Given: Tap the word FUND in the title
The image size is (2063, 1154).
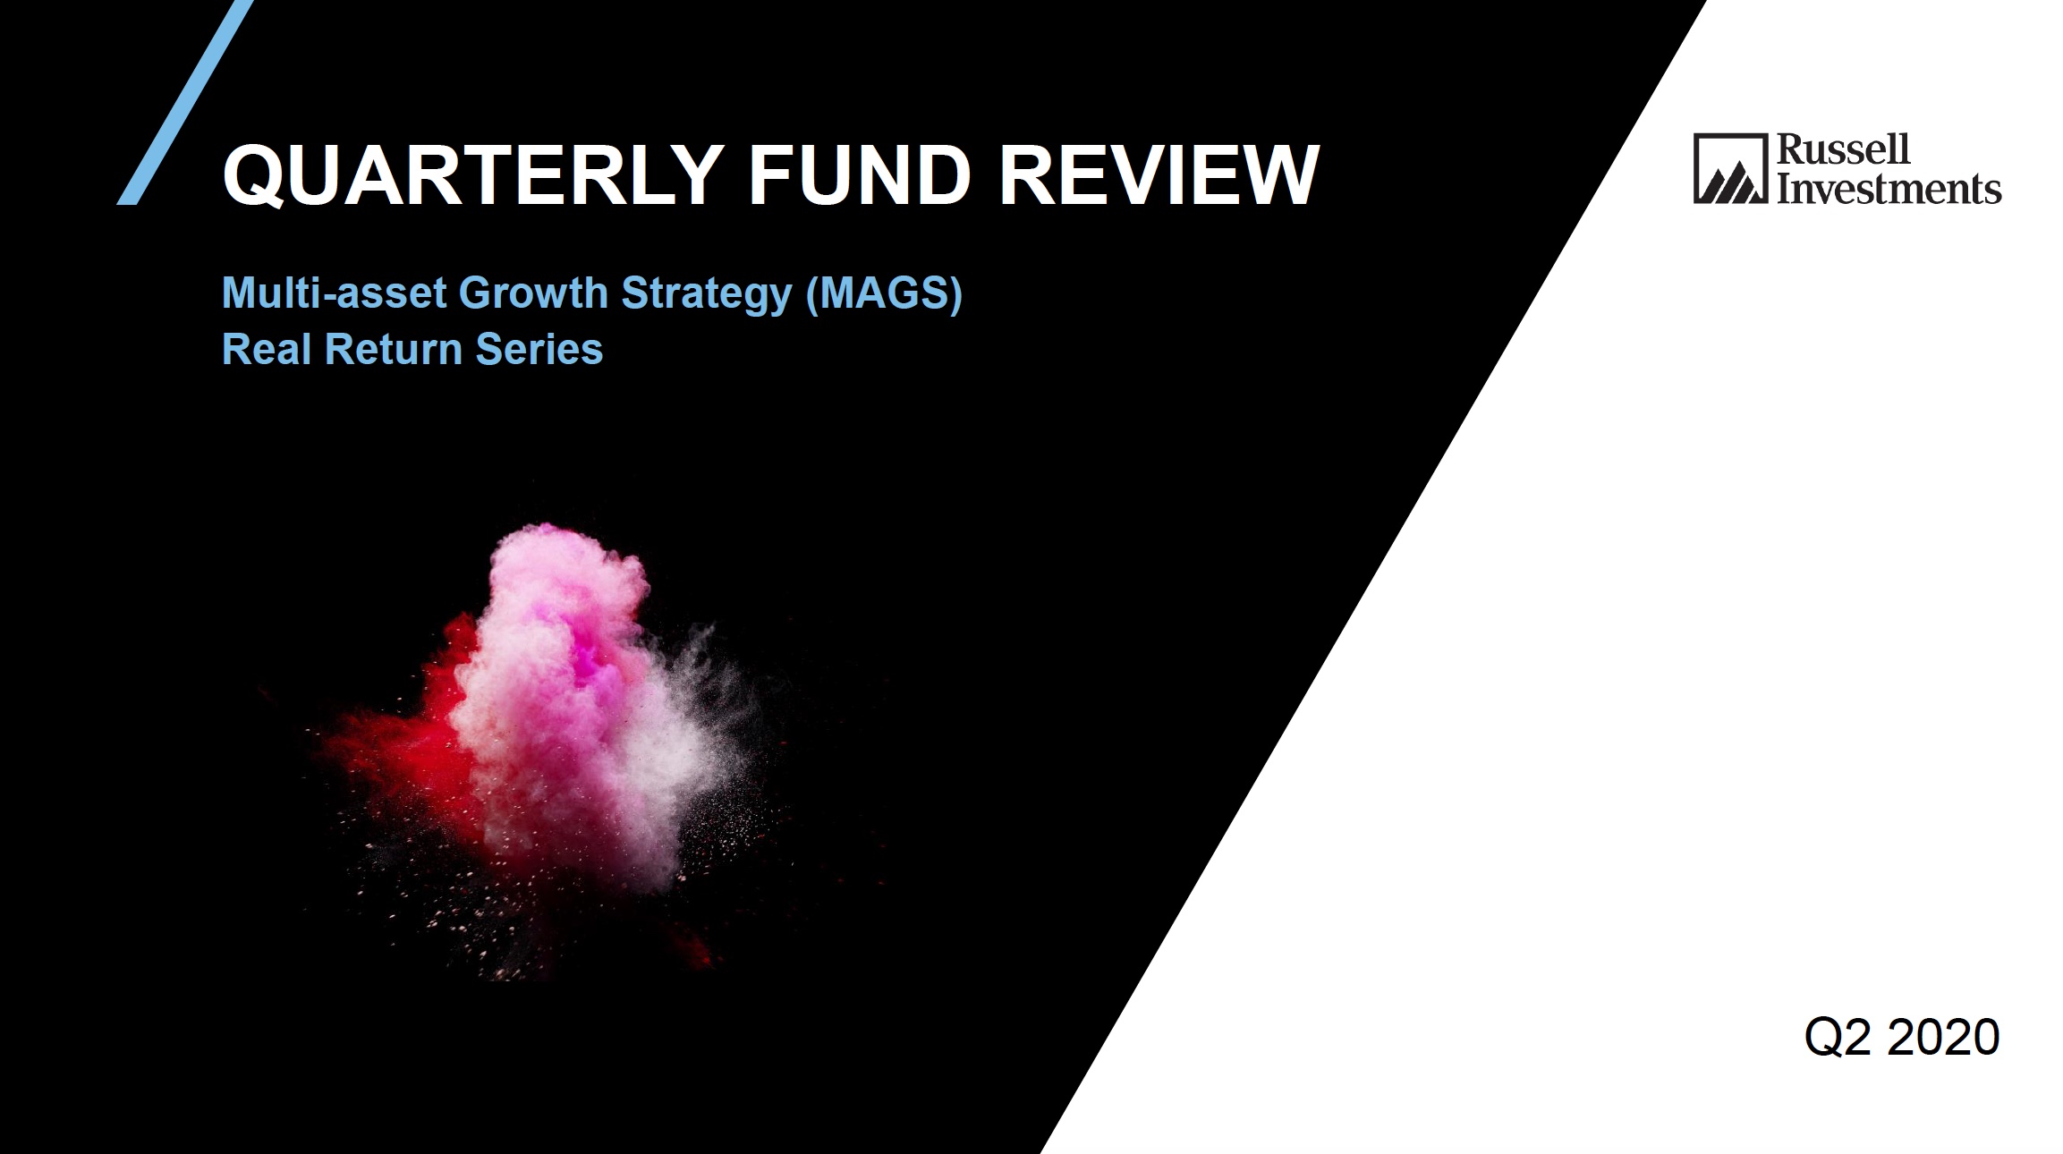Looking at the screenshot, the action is pos(860,174).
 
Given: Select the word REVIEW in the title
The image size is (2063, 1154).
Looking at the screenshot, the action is pos(1159,174).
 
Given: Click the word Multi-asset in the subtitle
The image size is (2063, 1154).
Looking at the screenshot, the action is pos(334,293).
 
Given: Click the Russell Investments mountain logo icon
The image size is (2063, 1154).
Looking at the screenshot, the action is pos(1730,169).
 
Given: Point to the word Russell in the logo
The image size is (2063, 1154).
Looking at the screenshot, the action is pos(1843,149).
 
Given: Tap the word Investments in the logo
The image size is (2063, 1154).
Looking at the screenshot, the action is pos(1889,188).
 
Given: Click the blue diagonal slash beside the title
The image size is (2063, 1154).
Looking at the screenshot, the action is pos(185,103).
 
